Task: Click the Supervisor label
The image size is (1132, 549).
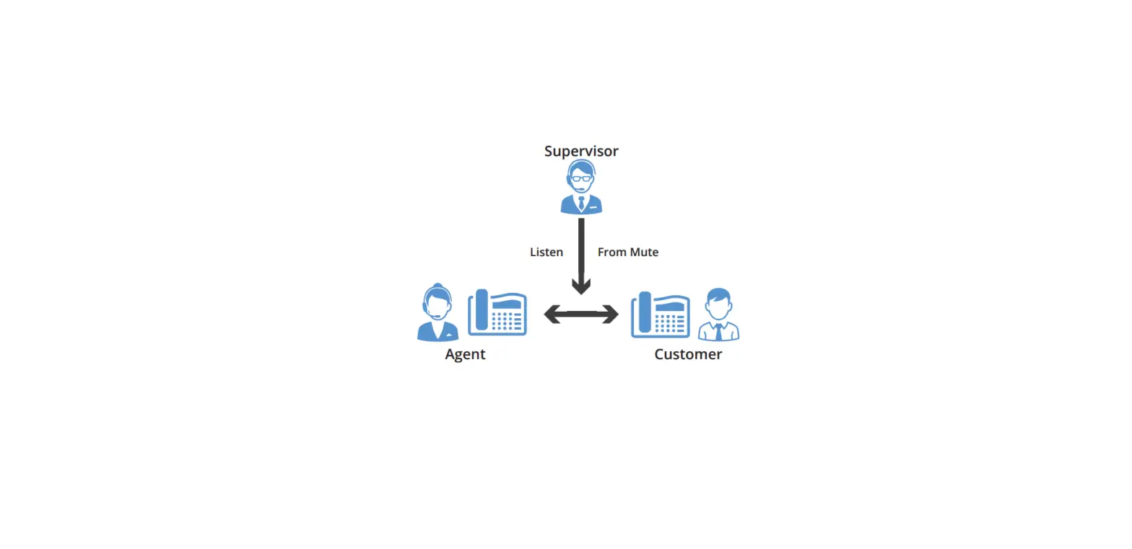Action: (581, 151)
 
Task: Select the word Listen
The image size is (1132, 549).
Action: (547, 252)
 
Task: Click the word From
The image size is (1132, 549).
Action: (612, 252)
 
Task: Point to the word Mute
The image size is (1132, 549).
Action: (644, 252)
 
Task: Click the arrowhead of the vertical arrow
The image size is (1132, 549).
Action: (581, 286)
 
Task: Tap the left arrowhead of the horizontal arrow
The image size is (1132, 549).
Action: (552, 314)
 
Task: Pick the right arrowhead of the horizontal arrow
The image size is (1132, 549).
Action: (611, 314)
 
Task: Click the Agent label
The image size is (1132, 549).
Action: (465, 354)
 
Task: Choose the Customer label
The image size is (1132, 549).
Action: (688, 354)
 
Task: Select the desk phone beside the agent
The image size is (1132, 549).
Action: (497, 313)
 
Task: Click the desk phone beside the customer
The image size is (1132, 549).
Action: (661, 315)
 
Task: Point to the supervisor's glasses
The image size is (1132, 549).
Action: (581, 178)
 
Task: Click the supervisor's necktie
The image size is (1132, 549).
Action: (581, 203)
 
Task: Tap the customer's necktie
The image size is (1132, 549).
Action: (718, 333)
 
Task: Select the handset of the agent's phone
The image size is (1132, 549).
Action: (481, 312)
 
